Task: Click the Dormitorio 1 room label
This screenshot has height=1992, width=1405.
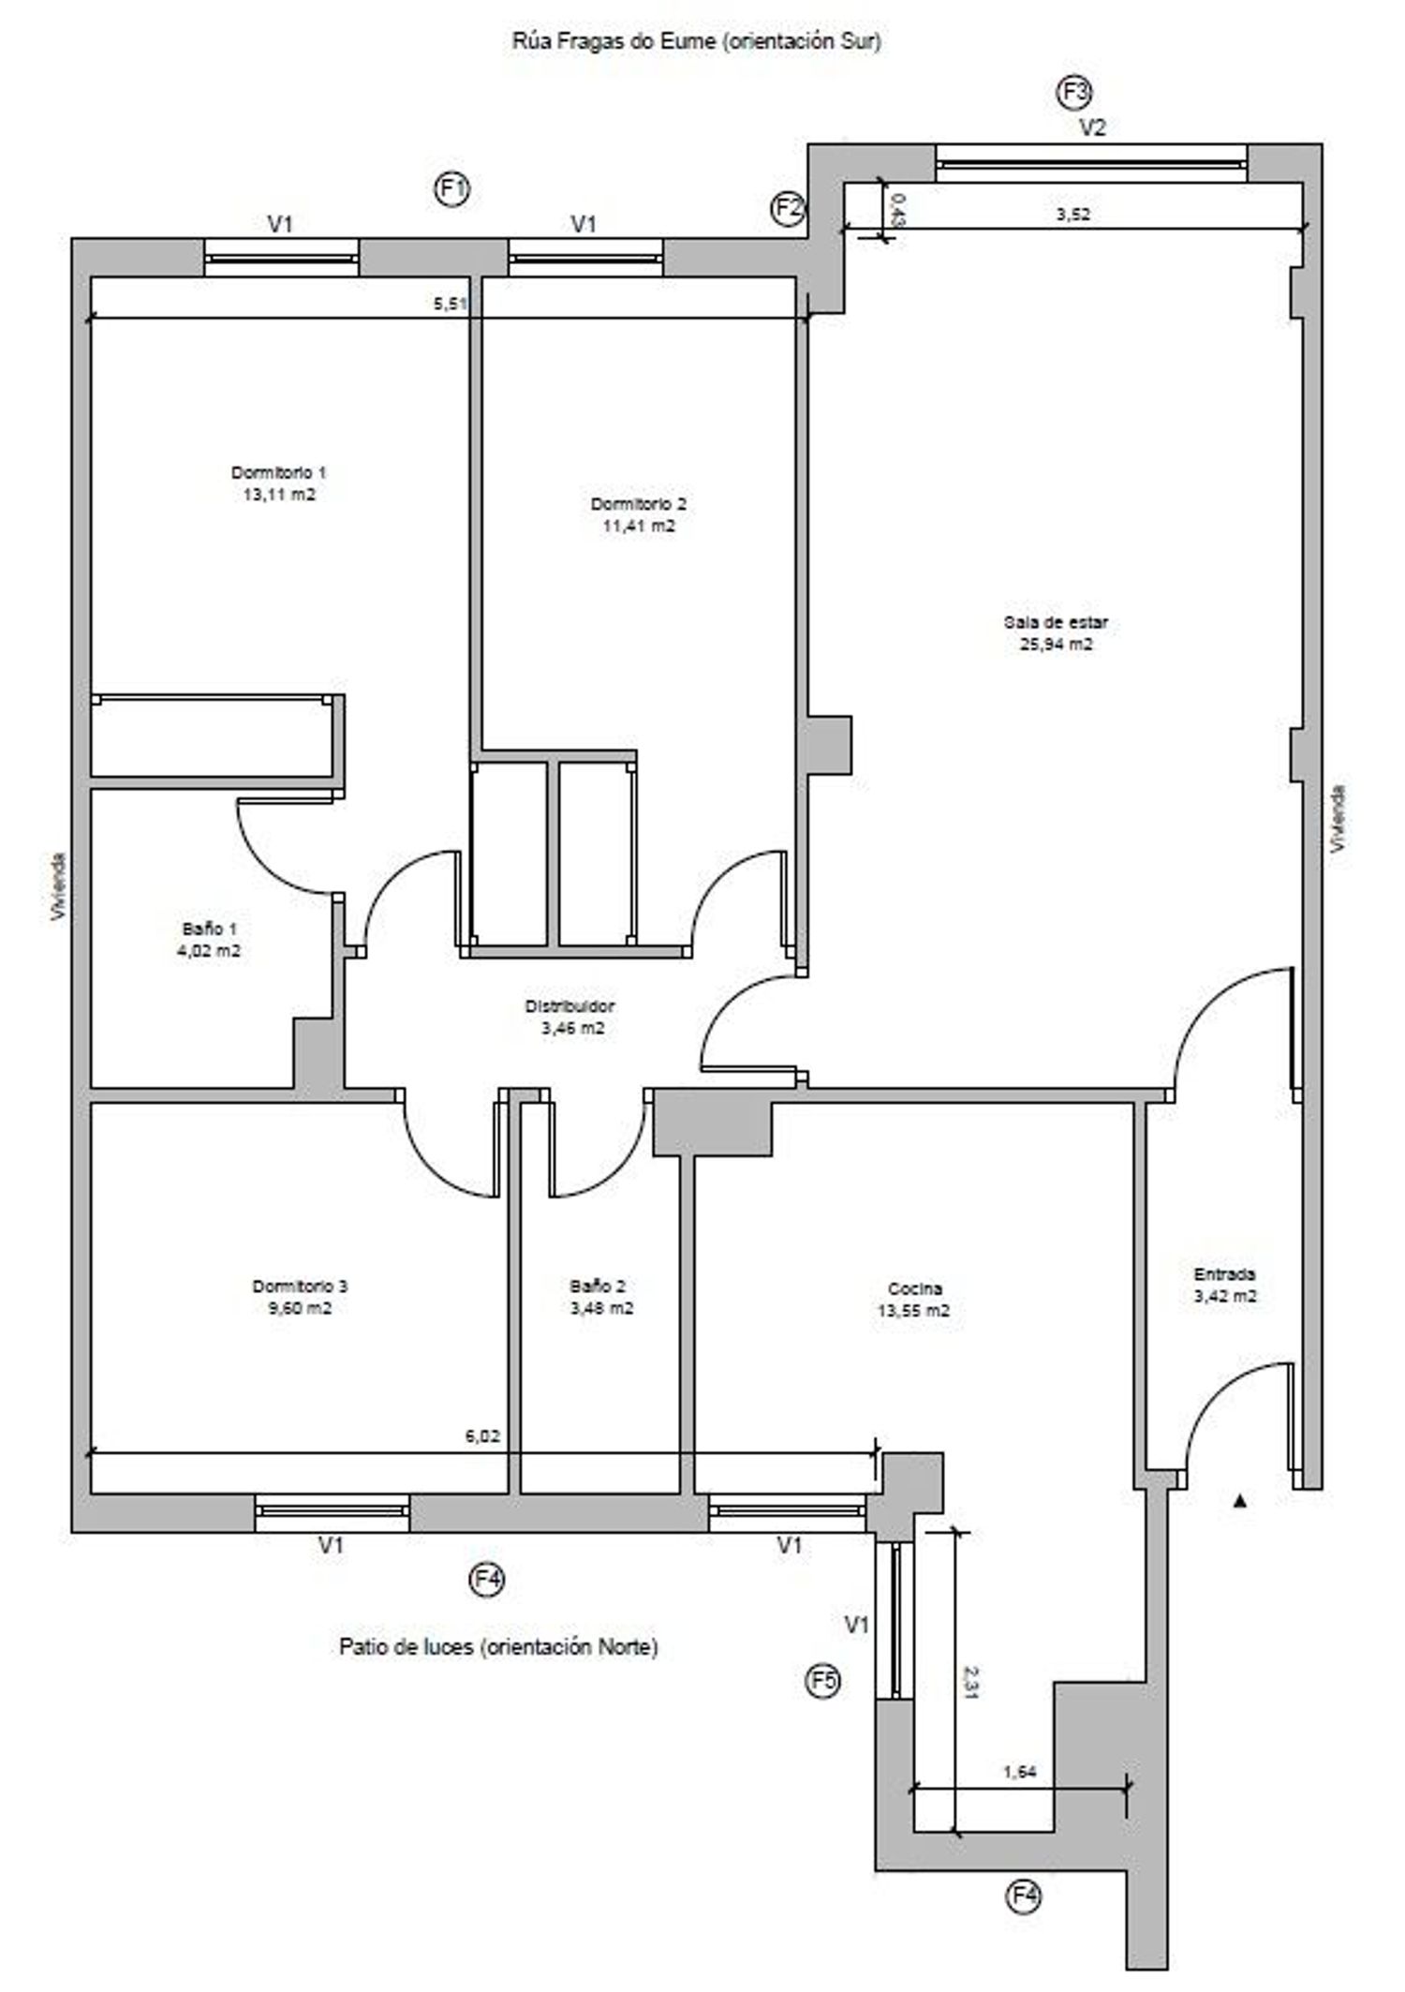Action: click(x=279, y=472)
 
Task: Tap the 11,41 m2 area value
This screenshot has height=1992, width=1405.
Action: click(x=639, y=526)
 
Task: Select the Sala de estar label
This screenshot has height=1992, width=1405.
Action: click(x=1056, y=622)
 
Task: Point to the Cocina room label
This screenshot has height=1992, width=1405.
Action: click(x=914, y=1288)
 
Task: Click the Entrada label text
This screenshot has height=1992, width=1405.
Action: click(x=1224, y=1274)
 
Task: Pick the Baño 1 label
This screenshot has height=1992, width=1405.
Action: click(x=210, y=929)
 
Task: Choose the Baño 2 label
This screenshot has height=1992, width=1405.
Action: click(x=598, y=1286)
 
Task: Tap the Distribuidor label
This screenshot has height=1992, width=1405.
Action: click(x=569, y=1006)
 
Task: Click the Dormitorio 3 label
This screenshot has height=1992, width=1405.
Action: click(x=301, y=1286)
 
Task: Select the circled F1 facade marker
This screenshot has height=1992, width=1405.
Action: click(x=452, y=189)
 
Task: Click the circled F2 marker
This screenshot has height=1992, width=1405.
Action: click(x=788, y=206)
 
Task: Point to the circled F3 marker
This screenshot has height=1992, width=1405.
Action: click(x=1075, y=93)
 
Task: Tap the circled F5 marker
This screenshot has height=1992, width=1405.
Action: click(x=823, y=1681)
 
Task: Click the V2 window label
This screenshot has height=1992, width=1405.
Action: click(x=1093, y=128)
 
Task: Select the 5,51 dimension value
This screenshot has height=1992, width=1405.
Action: click(x=451, y=303)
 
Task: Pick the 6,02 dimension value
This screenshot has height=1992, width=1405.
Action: click(x=482, y=1436)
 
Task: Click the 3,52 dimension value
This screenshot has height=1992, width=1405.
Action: click(x=1073, y=214)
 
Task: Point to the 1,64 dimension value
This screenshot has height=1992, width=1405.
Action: click(x=1020, y=1772)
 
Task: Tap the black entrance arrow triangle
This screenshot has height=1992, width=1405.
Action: click(x=1241, y=1501)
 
